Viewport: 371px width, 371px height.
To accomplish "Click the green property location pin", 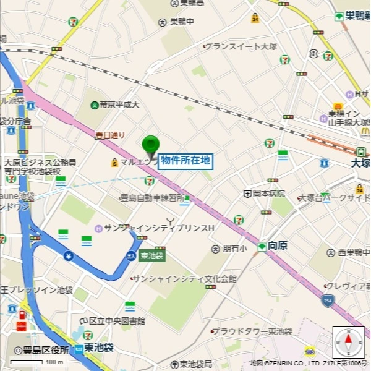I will click(150, 146).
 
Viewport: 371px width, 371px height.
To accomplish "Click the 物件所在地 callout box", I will click(185, 161).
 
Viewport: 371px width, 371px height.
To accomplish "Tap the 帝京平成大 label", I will click(115, 105).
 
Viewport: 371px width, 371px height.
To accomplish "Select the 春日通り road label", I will click(110, 134).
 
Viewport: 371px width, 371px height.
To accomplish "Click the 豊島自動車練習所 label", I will click(151, 198).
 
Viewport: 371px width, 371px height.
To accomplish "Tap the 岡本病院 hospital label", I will click(268, 194).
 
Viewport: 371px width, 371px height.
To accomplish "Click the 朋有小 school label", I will click(234, 249).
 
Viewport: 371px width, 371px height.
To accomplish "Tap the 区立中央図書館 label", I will click(117, 321).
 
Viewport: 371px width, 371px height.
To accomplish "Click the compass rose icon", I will click(348, 342).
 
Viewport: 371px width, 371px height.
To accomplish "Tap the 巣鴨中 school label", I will click(182, 22).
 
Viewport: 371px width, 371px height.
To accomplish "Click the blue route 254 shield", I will click(327, 301).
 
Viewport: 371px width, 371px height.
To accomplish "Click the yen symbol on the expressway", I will click(68, 255).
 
